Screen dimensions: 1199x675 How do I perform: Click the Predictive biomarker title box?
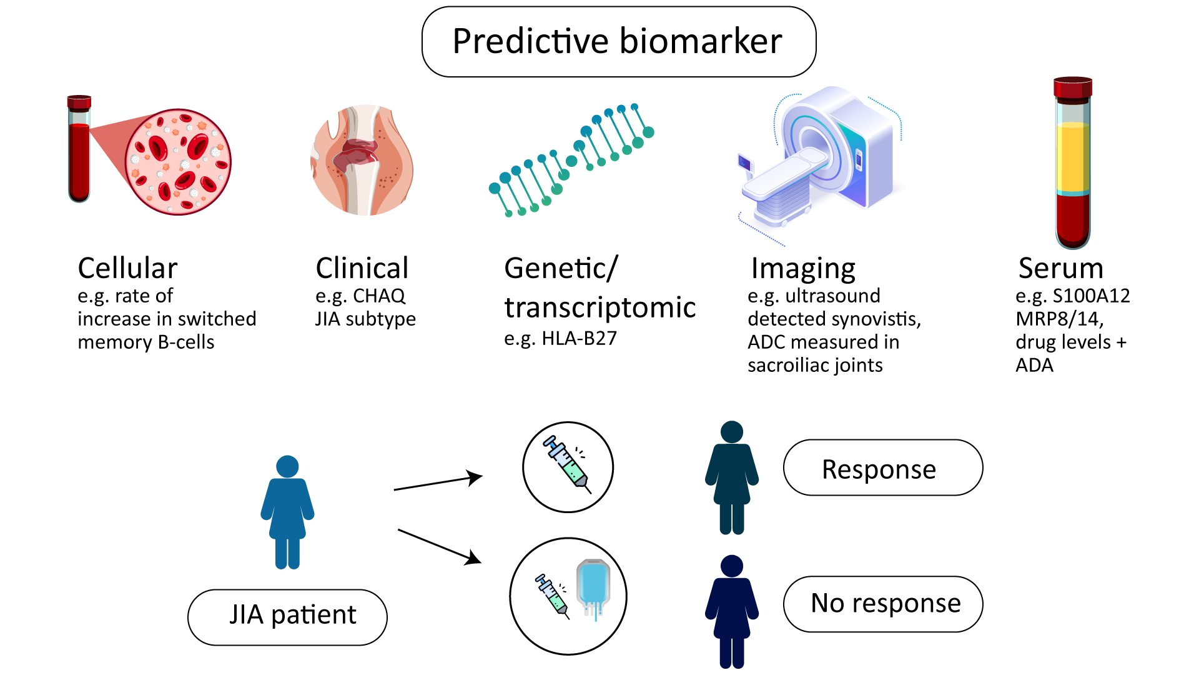pos(619,42)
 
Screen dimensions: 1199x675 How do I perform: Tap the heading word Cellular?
pos(127,268)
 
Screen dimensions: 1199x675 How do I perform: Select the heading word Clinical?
pos(362,268)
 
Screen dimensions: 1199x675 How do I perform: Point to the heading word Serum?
pos(1061,268)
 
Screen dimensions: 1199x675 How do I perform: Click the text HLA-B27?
pos(579,338)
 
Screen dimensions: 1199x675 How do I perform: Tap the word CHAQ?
pos(379,296)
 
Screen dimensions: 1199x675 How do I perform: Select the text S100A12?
pos(1092,296)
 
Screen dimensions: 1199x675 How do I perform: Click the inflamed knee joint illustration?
pos(362,160)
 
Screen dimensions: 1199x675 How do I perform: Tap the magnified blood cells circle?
pos(178,162)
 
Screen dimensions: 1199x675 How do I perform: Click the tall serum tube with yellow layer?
pos(1073,163)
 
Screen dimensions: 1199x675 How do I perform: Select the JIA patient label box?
pos(287,617)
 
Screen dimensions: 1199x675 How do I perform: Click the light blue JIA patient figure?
pos(287,512)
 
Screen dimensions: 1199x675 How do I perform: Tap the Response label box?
pos(883,467)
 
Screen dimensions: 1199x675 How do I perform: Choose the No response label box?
pos(883,604)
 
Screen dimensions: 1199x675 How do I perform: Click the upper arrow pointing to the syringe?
pos(438,483)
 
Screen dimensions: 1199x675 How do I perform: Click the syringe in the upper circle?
pos(567,464)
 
